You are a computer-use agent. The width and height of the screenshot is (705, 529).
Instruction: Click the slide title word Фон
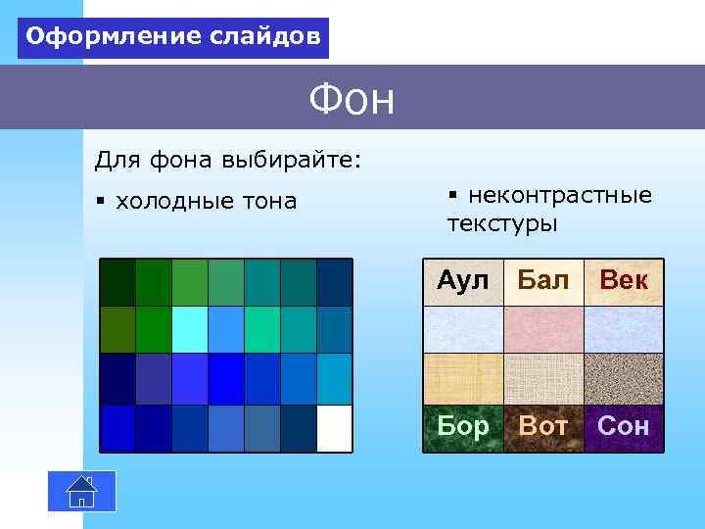[352, 99]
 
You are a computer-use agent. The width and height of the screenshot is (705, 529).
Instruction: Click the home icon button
[82, 491]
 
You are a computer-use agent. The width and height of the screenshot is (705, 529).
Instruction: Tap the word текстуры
[502, 224]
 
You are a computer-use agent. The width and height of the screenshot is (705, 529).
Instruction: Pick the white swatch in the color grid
[334, 428]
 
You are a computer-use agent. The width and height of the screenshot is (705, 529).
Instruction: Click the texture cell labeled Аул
[462, 282]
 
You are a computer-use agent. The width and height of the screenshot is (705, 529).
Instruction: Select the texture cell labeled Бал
[543, 282]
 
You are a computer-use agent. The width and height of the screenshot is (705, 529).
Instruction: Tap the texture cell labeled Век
[624, 282]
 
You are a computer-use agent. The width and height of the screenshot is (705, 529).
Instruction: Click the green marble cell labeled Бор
[462, 427]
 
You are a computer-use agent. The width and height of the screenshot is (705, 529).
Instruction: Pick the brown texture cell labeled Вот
[543, 427]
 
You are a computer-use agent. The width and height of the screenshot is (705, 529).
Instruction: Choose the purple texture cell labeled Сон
[624, 427]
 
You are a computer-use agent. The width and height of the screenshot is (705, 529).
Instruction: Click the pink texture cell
[543, 330]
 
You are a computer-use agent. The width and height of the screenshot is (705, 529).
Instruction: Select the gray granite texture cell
[624, 378]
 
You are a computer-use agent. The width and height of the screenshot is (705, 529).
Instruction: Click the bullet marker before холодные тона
[100, 202]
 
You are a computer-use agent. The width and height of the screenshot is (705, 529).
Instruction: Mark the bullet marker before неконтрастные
[452, 196]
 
